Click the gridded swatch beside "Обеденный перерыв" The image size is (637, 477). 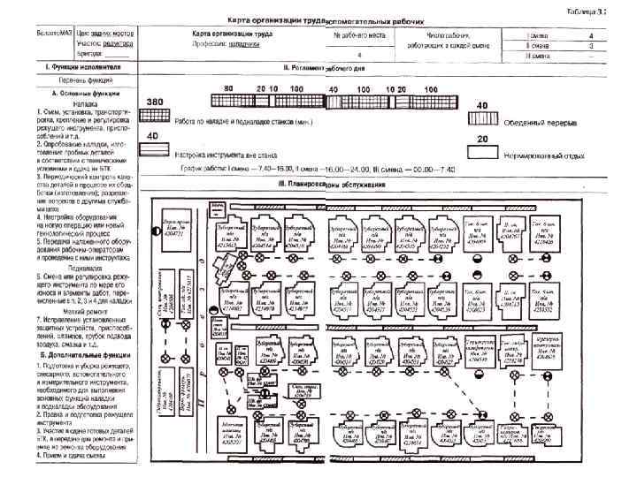(482, 120)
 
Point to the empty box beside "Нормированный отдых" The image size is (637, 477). (482, 153)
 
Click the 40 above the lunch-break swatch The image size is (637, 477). (482, 105)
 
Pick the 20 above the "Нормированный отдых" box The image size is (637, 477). (482, 139)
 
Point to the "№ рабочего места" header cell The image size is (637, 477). (360, 34)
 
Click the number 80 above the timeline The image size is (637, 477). (228, 89)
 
